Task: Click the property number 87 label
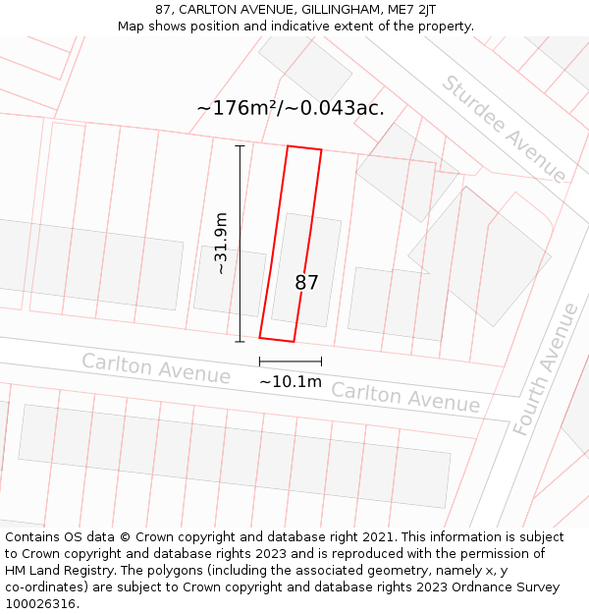(307, 283)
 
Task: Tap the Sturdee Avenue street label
(504, 128)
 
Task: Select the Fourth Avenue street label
(548, 369)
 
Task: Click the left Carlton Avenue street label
(156, 368)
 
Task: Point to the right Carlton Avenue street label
(405, 397)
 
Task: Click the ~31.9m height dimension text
(222, 243)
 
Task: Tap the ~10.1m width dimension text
(291, 381)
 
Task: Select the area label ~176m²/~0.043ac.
(291, 108)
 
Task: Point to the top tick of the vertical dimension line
(240, 145)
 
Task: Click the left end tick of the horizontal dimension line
(260, 363)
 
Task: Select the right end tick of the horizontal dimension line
(321, 363)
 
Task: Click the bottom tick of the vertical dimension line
(240, 342)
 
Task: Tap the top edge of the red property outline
(304, 148)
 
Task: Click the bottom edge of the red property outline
(277, 340)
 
